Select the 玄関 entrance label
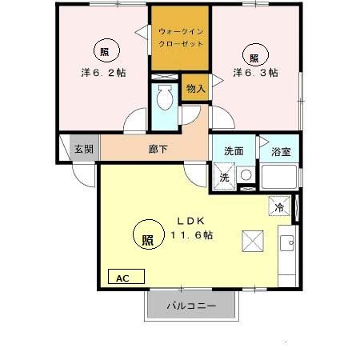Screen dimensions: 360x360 83,149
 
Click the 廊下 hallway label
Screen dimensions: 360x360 157,150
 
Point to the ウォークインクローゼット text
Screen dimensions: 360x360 181,38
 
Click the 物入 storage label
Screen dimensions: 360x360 196,87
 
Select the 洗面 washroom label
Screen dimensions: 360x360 234,150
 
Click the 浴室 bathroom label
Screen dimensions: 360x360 281,150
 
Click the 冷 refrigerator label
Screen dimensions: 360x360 280,206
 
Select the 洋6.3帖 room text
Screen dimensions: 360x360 255,72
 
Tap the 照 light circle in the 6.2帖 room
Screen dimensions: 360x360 105,50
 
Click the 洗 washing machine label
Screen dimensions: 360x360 225,178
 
